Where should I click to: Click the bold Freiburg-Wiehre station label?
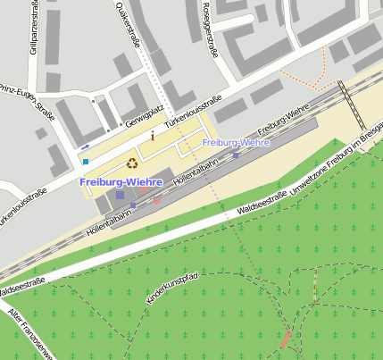121,182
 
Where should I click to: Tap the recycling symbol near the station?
132,163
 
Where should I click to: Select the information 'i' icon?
153,136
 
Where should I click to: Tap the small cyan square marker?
86,162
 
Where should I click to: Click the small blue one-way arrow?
85,145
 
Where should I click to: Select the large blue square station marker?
120,195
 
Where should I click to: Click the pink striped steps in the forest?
287,339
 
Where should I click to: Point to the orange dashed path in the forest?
313,290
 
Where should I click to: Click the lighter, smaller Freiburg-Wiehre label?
236,142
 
